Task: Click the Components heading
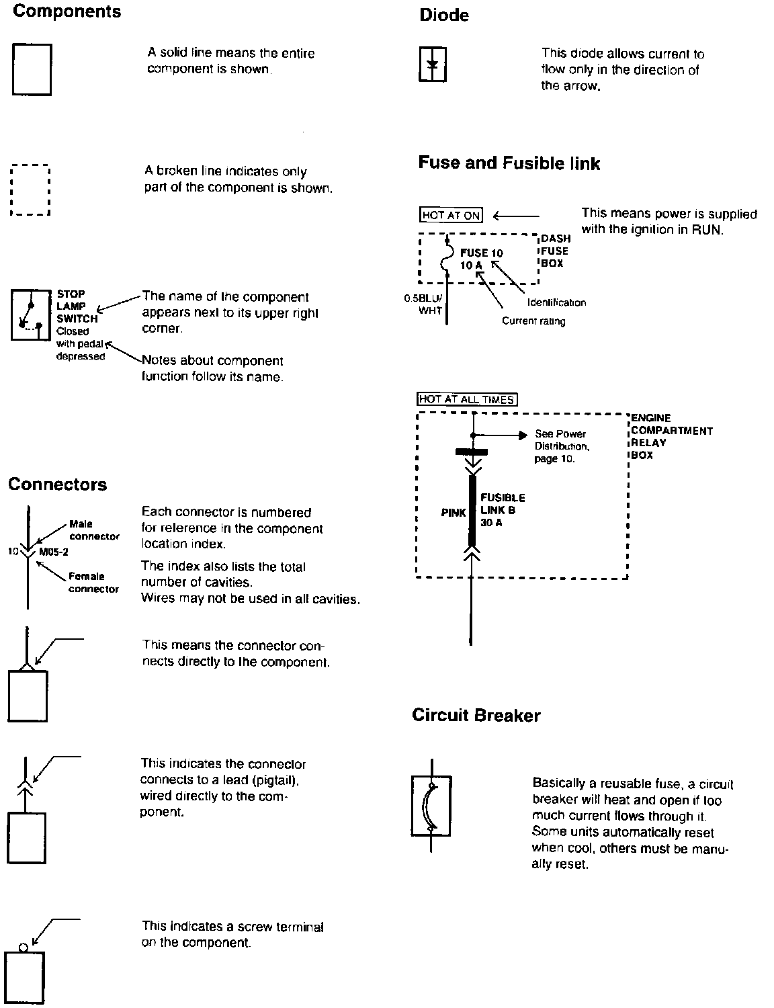tap(67, 11)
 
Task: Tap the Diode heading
tap(444, 15)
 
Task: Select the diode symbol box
tap(433, 65)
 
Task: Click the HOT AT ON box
tap(451, 215)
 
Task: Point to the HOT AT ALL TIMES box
tap(467, 399)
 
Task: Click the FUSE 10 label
tap(481, 253)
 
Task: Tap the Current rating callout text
tap(533, 321)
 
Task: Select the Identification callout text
tap(556, 302)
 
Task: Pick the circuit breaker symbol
tap(431, 806)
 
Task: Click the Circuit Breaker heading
tap(476, 715)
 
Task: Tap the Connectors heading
tap(57, 485)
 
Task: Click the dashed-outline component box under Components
tap(31, 190)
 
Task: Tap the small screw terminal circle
tap(24, 948)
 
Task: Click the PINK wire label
tap(454, 513)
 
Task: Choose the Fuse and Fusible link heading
tap(509, 163)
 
